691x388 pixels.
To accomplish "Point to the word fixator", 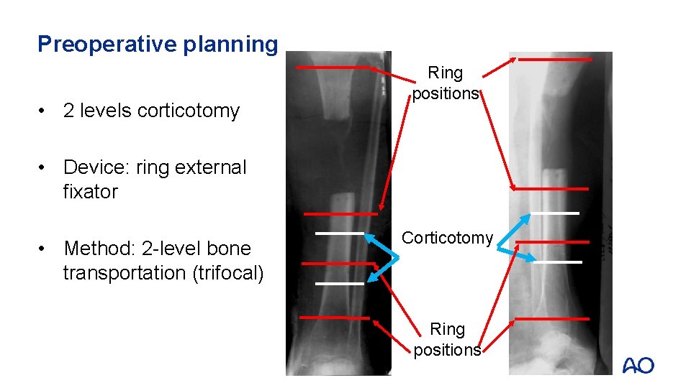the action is click(90, 192).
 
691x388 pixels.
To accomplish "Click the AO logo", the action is click(638, 366).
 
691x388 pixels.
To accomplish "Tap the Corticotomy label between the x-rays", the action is click(447, 238).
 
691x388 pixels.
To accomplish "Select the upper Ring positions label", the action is click(446, 83).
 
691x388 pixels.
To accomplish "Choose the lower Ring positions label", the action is click(447, 339).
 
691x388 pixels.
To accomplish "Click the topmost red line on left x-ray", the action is click(330, 67).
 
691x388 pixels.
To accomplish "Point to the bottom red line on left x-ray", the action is click(334, 317).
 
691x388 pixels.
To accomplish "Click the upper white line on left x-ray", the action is click(339, 234).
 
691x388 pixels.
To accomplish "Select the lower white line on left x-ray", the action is click(339, 284).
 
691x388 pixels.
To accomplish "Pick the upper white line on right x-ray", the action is click(554, 213).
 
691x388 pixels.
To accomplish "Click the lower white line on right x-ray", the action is click(557, 262).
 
